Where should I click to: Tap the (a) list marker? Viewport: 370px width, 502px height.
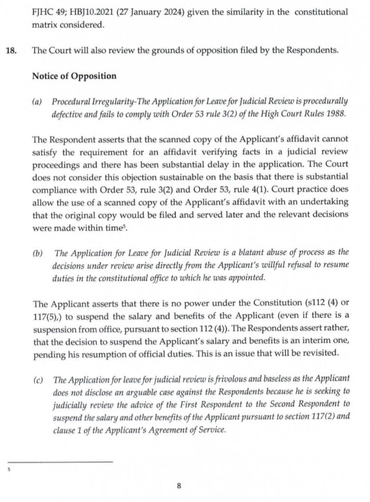37,101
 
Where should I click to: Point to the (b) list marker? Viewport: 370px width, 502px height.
37,253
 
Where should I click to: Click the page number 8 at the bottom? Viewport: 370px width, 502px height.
179,486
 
